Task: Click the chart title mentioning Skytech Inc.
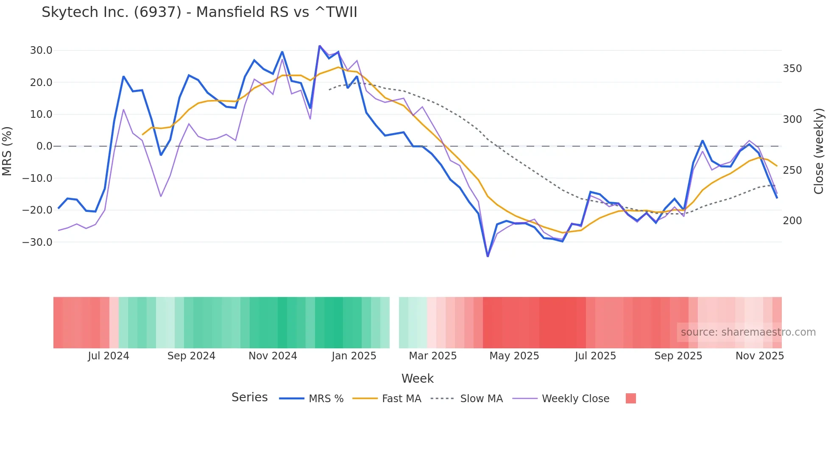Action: tap(199, 12)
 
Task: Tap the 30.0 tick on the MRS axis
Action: tap(41, 50)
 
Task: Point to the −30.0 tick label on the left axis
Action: tap(37, 242)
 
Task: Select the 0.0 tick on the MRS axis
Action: tap(44, 146)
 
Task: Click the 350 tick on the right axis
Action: tap(792, 69)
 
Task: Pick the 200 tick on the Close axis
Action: tap(792, 221)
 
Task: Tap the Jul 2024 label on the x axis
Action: tap(109, 356)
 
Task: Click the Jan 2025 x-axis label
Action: tap(354, 356)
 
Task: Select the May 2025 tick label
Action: tap(514, 356)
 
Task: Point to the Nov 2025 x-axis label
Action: tap(760, 356)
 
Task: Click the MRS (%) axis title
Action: tap(7, 151)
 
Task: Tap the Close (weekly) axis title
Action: tap(819, 151)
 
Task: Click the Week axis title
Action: tap(418, 378)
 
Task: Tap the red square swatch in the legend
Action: tap(631, 398)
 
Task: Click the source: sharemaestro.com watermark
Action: tap(748, 332)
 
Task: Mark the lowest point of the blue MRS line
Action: tap(488, 256)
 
